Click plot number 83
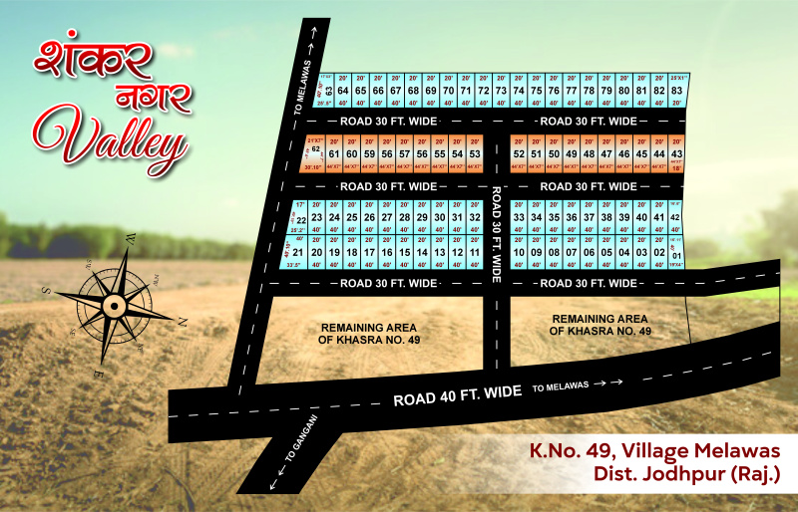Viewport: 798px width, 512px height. pyautogui.click(x=676, y=90)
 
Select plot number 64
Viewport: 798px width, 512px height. pyautogui.click(x=342, y=90)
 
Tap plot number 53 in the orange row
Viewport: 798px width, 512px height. pyautogui.click(x=475, y=154)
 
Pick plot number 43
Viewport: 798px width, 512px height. pyautogui.click(x=676, y=154)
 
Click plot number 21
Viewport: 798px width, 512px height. pyautogui.click(x=297, y=252)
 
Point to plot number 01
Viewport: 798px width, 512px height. pyautogui.click(x=677, y=253)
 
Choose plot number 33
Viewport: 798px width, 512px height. pyautogui.click(x=518, y=217)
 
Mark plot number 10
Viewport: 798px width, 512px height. pyautogui.click(x=518, y=252)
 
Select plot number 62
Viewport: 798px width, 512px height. pyautogui.click(x=316, y=150)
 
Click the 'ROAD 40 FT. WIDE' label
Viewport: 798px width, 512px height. pyautogui.click(x=457, y=395)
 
